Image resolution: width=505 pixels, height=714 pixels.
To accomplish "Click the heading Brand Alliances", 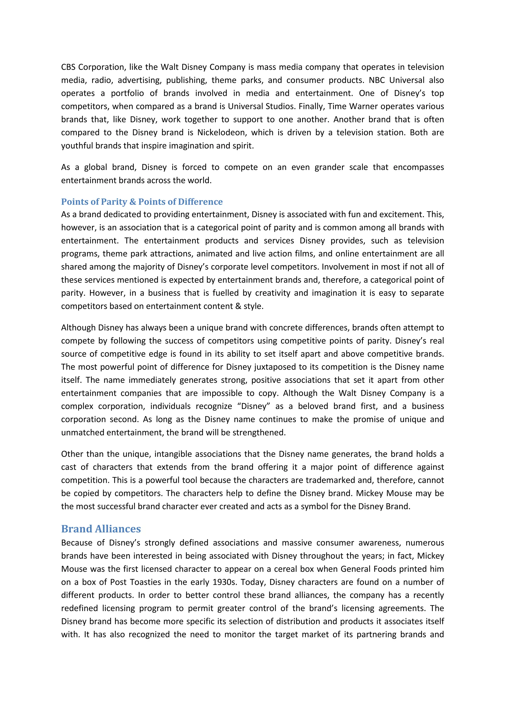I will [x=101, y=529].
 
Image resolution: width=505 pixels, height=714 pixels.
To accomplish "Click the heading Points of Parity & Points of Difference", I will [x=142, y=202].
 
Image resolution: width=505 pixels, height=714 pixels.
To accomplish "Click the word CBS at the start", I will [x=68, y=67].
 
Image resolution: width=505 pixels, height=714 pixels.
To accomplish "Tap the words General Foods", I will [x=368, y=569].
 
